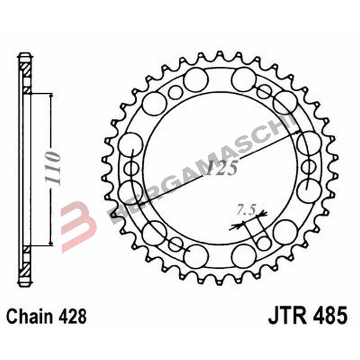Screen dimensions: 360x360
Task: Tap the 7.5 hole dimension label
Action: [246, 210]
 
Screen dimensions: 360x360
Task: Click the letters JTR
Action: [287, 315]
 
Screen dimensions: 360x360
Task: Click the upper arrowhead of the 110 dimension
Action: [51, 97]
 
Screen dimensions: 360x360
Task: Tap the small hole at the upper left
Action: [175, 92]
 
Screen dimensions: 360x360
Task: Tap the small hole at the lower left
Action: [175, 244]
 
